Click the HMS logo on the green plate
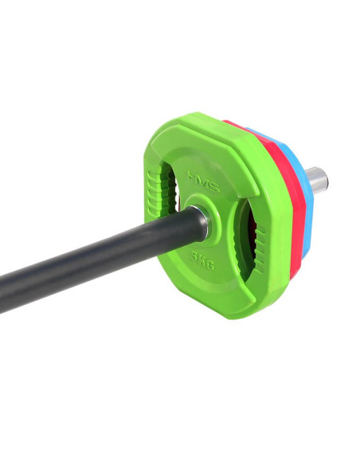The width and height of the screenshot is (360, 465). click(202, 177)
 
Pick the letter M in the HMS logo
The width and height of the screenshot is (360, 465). click(202, 177)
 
